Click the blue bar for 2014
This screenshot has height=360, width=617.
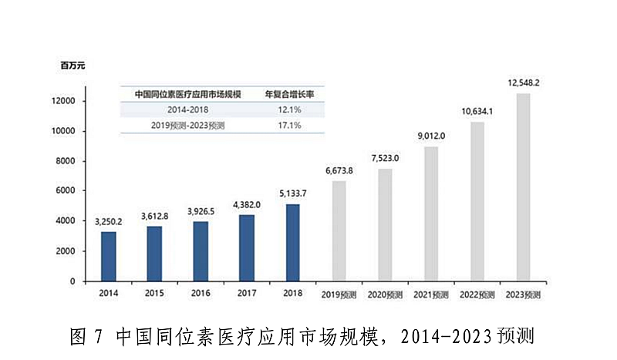coord(109,256)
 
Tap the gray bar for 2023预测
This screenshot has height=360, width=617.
coord(524,187)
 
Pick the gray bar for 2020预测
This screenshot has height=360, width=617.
coord(386,225)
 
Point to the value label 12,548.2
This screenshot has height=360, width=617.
coord(525,82)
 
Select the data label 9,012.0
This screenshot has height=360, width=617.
coord(433,136)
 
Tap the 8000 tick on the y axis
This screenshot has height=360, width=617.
coord(63,161)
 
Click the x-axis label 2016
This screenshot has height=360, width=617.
coord(201,294)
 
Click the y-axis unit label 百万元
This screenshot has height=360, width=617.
coord(72,66)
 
